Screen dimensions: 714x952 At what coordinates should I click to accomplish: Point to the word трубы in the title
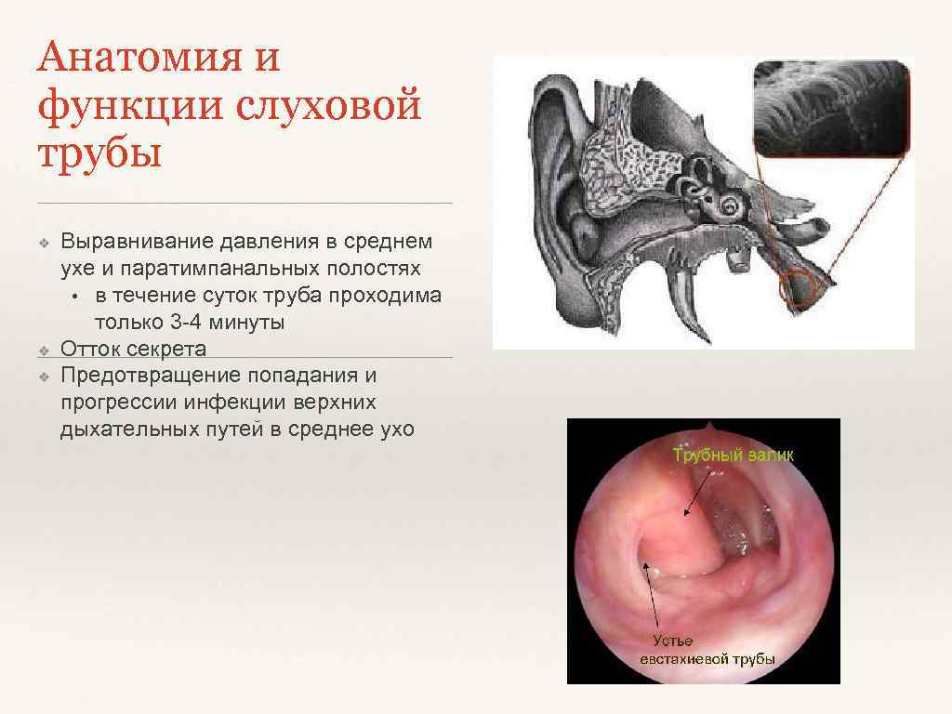[99, 153]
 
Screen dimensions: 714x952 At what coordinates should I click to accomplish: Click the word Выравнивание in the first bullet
[138, 243]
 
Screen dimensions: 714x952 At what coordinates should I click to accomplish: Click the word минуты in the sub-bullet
[251, 323]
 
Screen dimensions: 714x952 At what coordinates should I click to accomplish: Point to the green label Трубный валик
[733, 456]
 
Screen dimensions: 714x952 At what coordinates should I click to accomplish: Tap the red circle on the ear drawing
[799, 290]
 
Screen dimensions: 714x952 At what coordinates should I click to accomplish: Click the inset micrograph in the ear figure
[829, 107]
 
